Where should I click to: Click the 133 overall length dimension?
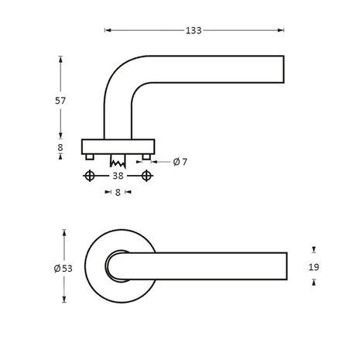pos(194,31)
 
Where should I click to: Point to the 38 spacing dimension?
pos(118,177)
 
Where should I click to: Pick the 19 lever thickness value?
pos(313,266)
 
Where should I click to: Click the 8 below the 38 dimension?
pos(118,193)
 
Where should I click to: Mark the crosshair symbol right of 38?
pos(148,177)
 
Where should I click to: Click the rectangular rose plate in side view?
pos(118,146)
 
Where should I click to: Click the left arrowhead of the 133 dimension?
pos(106,31)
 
